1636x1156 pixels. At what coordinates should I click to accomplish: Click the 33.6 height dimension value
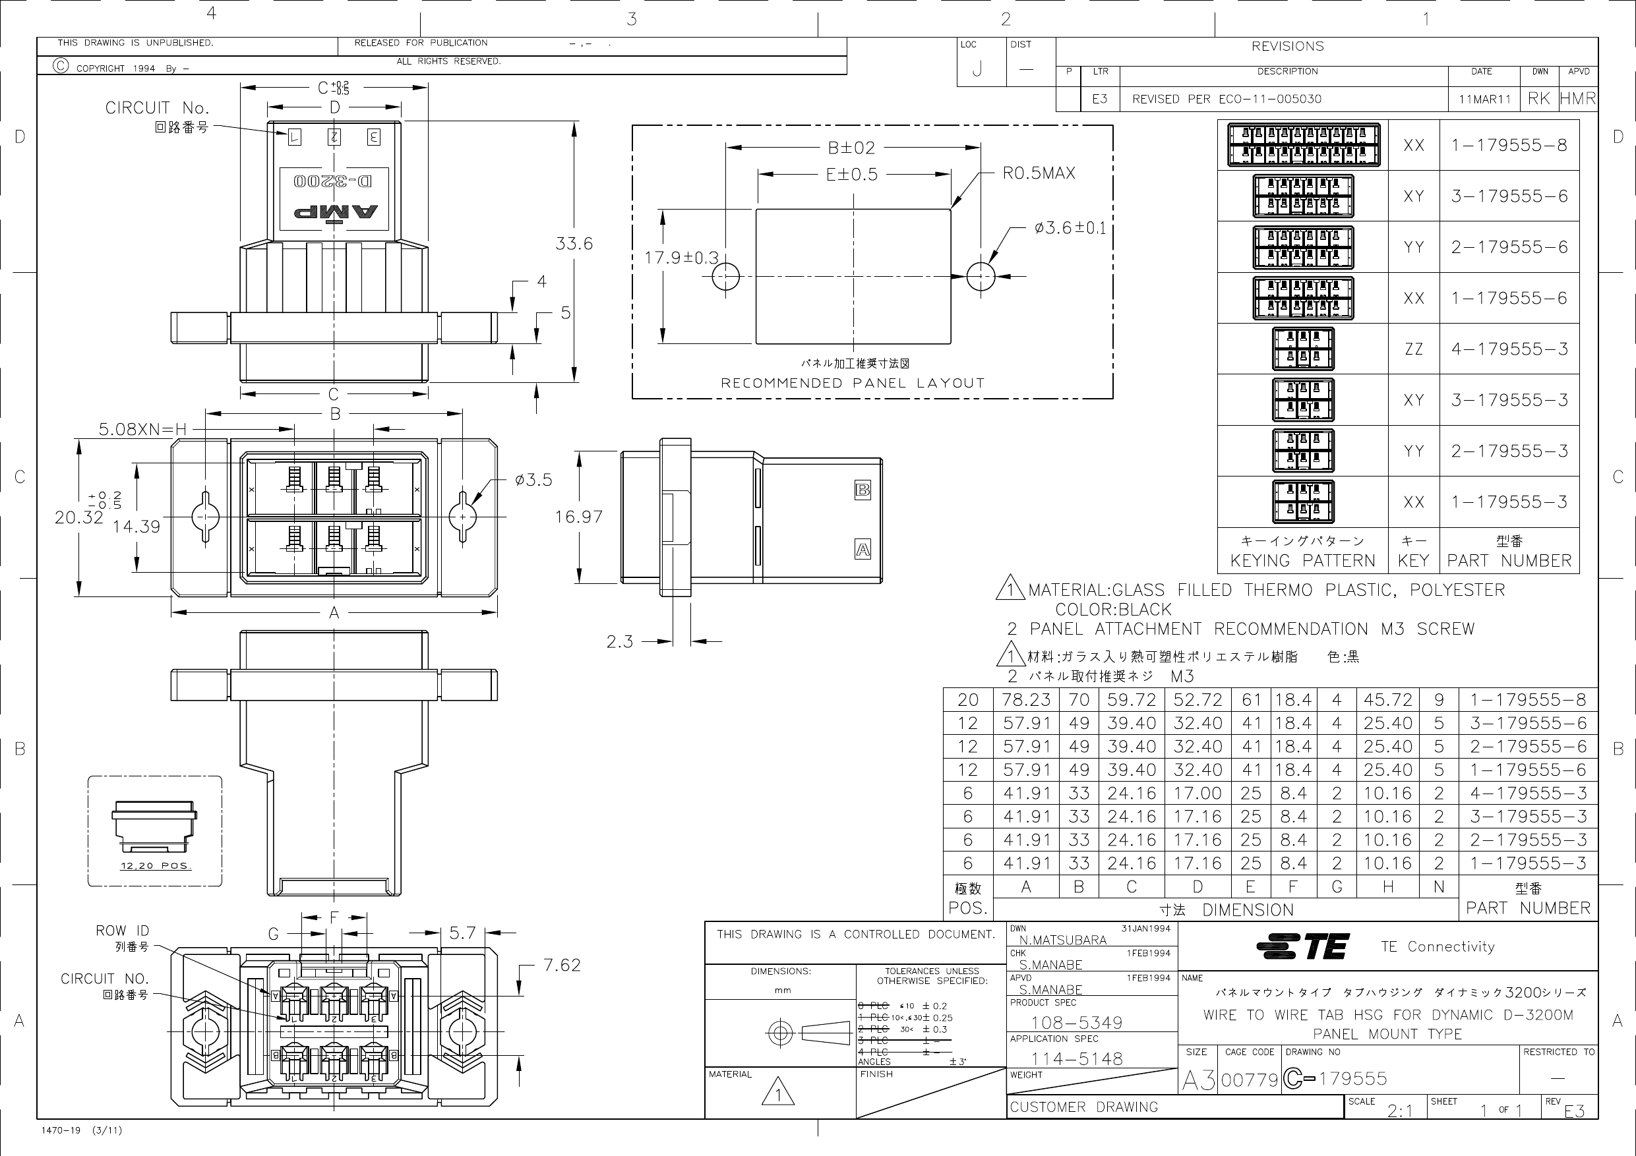point(574,244)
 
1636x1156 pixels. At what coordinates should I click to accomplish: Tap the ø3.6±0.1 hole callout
point(1070,228)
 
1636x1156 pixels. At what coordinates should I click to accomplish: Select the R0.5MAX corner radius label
point(1038,173)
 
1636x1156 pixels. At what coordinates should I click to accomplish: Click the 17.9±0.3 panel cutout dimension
point(681,258)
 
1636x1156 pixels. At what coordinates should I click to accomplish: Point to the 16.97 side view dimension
point(578,517)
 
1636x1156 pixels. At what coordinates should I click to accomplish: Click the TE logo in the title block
point(1302,946)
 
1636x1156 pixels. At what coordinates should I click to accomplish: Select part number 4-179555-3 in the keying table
point(1509,349)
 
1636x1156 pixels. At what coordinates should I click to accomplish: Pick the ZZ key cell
point(1413,349)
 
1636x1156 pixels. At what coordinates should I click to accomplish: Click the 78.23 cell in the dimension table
point(1026,699)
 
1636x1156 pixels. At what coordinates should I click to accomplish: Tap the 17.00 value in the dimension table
point(1197,793)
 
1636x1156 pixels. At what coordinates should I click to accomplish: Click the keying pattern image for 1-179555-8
point(1302,145)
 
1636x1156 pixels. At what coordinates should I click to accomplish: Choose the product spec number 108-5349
point(1077,1023)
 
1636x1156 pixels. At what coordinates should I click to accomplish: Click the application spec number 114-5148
point(1077,1059)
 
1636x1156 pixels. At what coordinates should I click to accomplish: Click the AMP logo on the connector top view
point(335,212)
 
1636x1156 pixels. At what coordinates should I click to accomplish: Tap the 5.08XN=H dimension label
point(142,429)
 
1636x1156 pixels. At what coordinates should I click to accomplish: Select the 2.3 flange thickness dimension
point(619,642)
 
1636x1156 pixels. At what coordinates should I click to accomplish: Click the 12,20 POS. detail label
point(156,866)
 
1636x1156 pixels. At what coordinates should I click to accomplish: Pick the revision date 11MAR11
point(1484,100)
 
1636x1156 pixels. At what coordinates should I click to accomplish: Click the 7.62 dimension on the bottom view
point(562,965)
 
